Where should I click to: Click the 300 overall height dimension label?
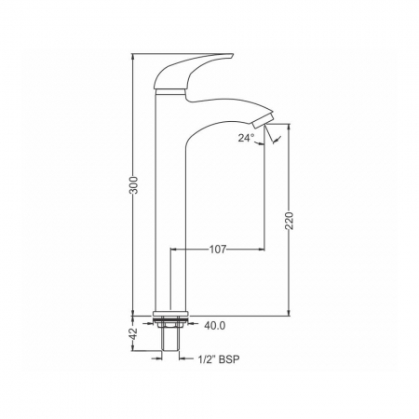133,185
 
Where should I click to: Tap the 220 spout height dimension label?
289,221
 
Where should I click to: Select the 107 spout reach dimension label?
218,249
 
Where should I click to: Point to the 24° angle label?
246,138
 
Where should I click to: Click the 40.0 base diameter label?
215,326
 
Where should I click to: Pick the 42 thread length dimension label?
133,333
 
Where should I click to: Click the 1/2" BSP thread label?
219,359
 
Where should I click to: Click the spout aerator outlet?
263,121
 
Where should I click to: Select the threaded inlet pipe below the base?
170,339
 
